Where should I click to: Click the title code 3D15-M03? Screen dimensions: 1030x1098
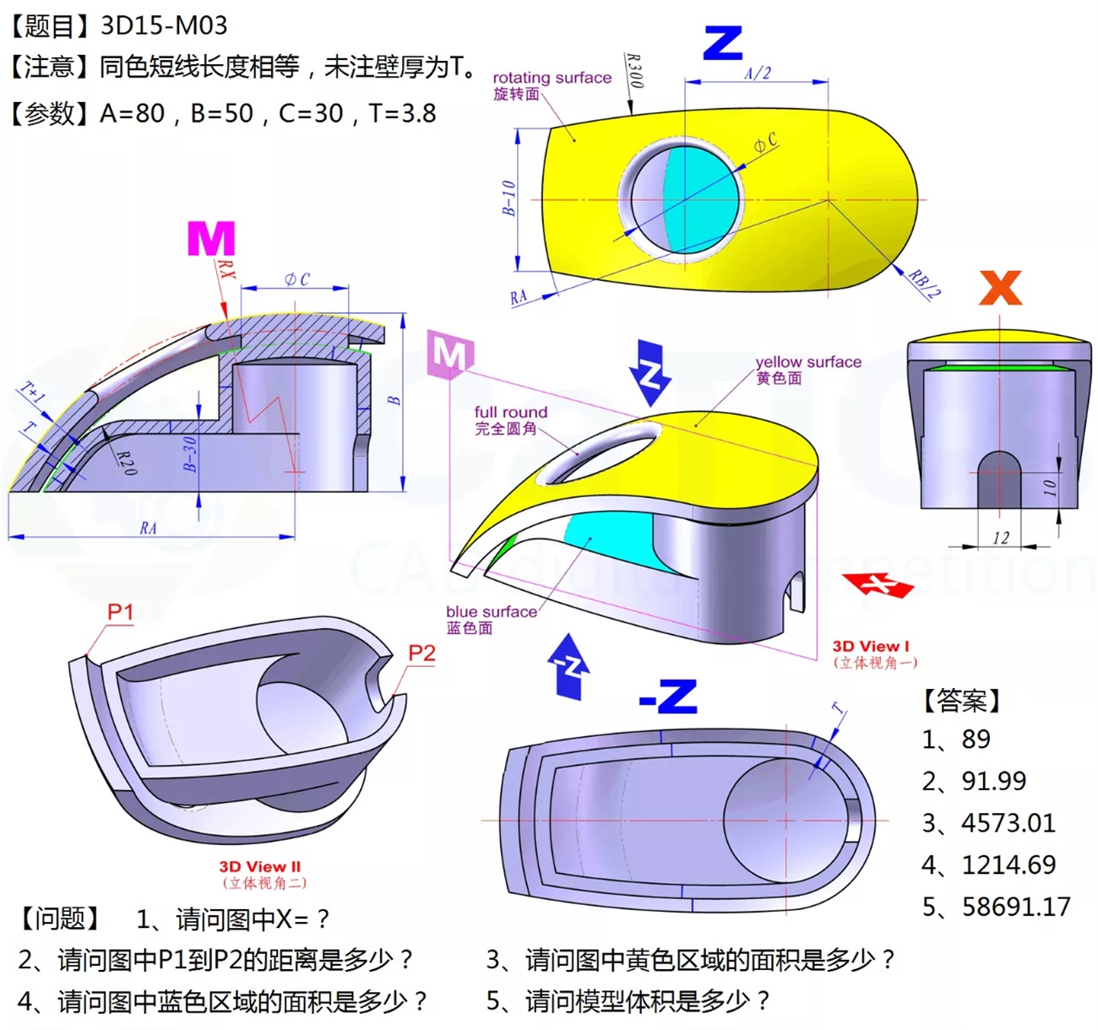164,25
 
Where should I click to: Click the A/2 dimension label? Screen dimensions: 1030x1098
758,73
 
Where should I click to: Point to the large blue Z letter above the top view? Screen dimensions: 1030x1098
722,43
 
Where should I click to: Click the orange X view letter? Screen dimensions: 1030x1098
1001,288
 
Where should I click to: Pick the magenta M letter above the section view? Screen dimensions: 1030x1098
210,239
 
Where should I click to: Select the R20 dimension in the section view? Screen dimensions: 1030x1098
126,462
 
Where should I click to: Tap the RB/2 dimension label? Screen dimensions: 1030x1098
924,284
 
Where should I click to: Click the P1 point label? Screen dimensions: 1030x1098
121,611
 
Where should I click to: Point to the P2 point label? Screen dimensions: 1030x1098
421,653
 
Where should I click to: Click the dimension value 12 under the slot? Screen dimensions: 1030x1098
1001,538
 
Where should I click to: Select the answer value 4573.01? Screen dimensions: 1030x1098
1008,822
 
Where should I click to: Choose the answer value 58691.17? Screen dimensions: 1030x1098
1016,907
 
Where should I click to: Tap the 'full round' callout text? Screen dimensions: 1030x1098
510,412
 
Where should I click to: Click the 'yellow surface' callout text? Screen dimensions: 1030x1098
808,362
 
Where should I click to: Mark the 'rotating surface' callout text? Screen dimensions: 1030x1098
552,78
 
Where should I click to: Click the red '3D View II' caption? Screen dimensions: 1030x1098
260,866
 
